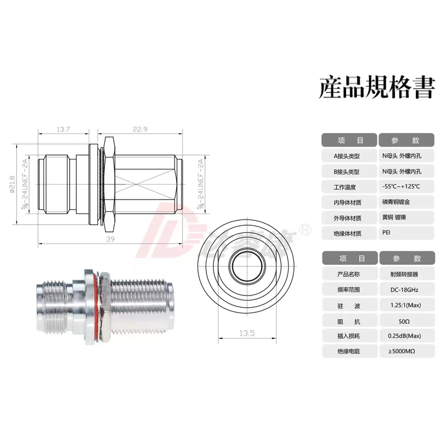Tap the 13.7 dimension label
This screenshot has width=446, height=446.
pos(63,129)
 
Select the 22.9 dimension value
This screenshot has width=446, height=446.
pos(139,129)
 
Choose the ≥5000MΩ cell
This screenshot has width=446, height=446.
pos(398,351)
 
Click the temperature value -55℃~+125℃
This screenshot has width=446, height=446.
pos(401,187)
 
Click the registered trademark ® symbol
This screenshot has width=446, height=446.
pos(306,229)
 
